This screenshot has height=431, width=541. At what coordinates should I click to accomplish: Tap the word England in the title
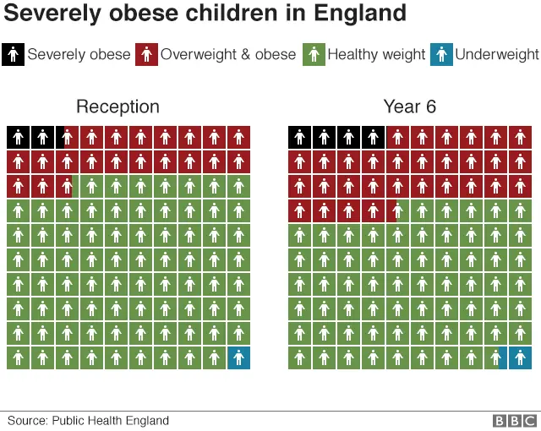363,14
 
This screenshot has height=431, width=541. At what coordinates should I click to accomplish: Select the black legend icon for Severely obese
14,54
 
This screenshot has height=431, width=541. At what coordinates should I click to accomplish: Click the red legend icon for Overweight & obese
146,54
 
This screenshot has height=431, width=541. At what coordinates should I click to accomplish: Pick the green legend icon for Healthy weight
314,54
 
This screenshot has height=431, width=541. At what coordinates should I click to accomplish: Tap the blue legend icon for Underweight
441,54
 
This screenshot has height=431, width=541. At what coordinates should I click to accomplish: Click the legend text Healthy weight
376,54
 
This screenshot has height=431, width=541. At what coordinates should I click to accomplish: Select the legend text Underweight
497,54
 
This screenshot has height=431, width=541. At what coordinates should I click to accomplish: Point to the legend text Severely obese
79,54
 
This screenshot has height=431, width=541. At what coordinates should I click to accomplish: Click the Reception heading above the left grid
117,106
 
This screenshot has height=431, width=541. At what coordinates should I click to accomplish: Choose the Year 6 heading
409,106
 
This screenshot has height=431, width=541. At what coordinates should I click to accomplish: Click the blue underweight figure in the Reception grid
239,357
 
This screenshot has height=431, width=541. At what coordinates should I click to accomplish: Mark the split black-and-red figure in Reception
67,137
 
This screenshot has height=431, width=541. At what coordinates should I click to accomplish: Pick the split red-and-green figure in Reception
67,186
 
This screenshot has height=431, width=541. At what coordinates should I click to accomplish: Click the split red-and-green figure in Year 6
397,210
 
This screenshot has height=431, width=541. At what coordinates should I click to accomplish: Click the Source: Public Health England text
88,420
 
